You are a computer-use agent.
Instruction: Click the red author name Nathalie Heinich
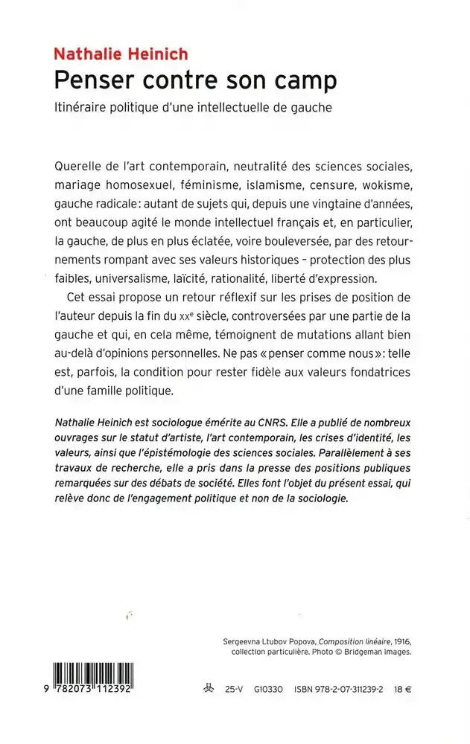(120, 54)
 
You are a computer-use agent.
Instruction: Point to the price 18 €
(403, 690)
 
